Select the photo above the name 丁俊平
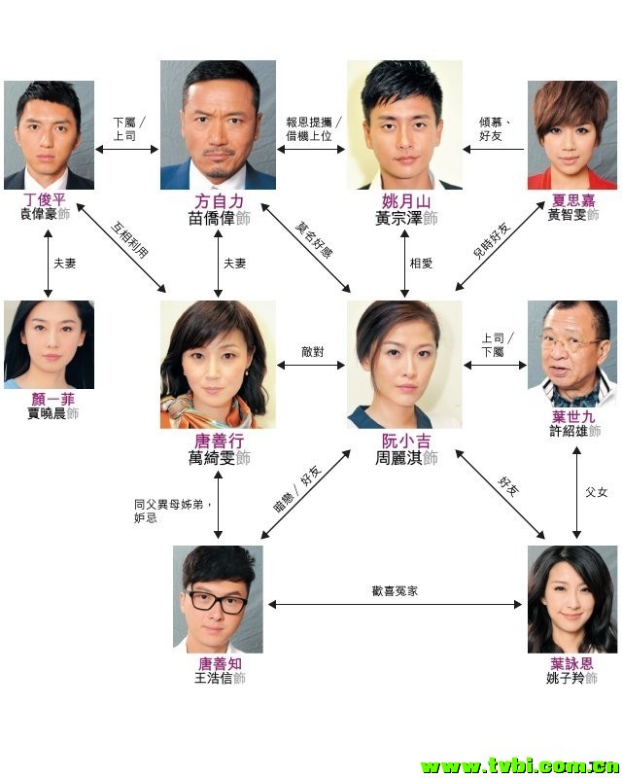click(x=49, y=135)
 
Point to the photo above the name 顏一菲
click(x=49, y=345)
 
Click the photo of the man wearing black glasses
click(x=218, y=597)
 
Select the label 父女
click(x=595, y=492)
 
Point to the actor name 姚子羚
click(x=571, y=678)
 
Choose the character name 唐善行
click(x=218, y=441)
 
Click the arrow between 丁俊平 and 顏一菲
click(x=48, y=263)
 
